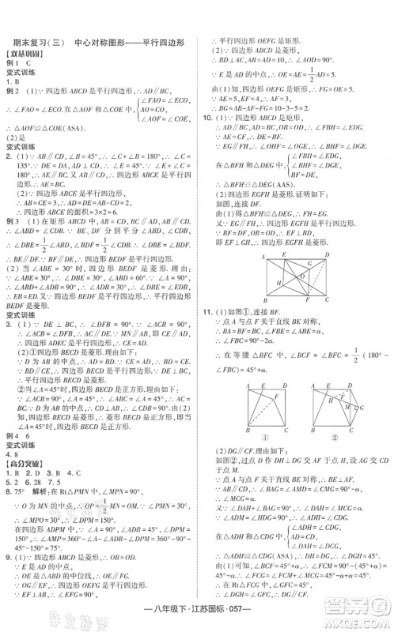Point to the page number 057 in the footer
pyautogui.click(x=299, y=619)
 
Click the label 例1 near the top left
pyautogui.click(x=12, y=62)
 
